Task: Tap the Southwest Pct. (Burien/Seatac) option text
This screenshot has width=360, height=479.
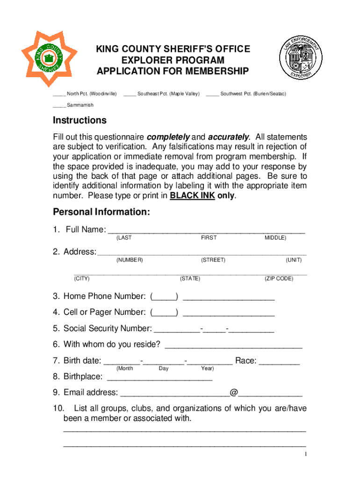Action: coord(253,94)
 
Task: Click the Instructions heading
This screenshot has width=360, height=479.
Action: coord(79,121)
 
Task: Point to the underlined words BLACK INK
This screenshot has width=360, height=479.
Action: coord(192,196)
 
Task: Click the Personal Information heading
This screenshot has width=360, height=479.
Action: coord(101,212)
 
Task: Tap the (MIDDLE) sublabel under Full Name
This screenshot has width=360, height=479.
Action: coord(275,238)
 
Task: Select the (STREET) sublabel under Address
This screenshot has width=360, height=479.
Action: coord(213,260)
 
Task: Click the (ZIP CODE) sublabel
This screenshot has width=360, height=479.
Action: coord(279,279)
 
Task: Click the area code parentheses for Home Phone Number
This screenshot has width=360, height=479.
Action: coord(164,297)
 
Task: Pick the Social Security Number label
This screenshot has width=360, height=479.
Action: coord(108,328)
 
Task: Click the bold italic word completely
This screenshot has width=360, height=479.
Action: coord(168,137)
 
